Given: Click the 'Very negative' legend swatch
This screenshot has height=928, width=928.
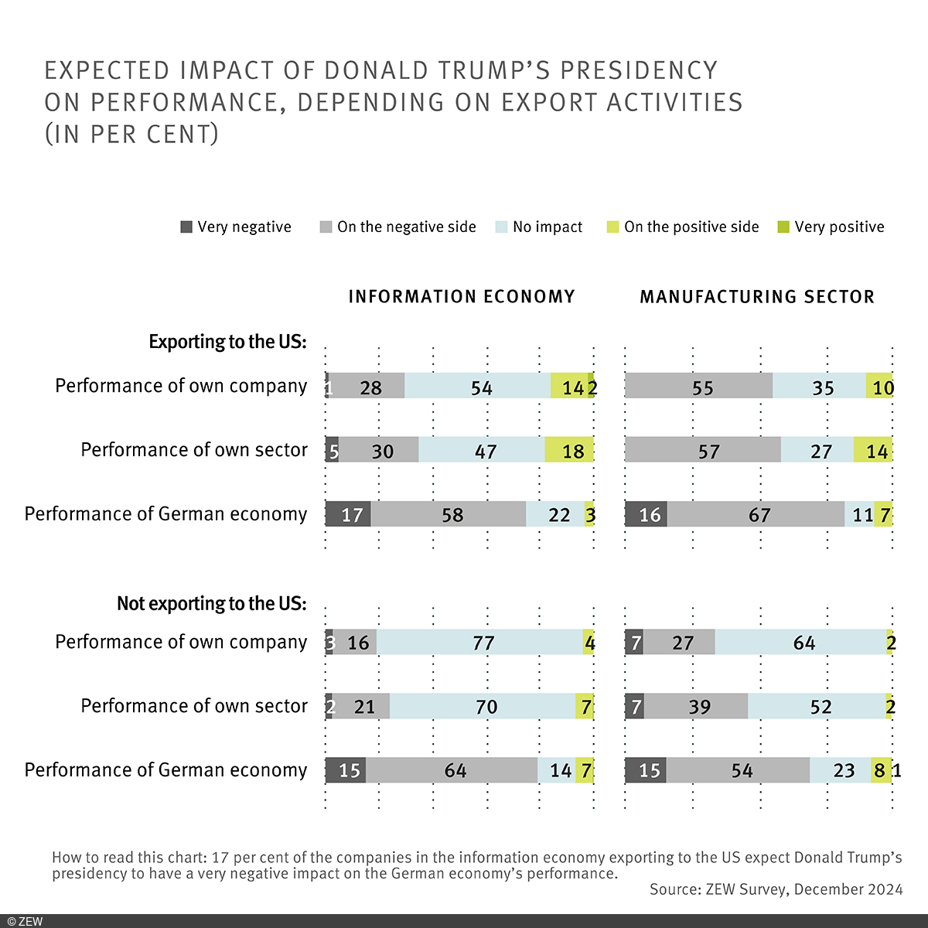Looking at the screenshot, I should pos(186,227).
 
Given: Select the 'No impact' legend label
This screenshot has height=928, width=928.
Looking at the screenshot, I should pos(548,227).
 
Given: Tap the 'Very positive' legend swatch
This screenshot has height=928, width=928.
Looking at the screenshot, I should pos(783,227).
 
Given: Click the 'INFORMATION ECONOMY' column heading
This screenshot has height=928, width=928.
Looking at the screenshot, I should pos(462,297).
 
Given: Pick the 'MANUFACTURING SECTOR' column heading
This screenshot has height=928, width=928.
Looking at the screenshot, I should pos(757,297).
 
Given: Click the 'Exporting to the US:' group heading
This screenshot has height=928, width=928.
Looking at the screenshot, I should pos(227,342).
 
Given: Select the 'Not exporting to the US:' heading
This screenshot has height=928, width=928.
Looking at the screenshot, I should pos(211,603).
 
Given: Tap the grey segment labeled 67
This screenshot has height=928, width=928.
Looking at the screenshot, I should pos(756,514).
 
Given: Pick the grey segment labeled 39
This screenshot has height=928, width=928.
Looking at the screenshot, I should pos(695,706).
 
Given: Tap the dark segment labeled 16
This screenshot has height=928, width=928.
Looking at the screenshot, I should pos(646,514).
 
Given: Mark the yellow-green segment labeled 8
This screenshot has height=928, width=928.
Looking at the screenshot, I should pos(880,770).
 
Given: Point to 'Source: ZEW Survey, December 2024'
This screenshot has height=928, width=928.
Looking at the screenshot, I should pos(776,889).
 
